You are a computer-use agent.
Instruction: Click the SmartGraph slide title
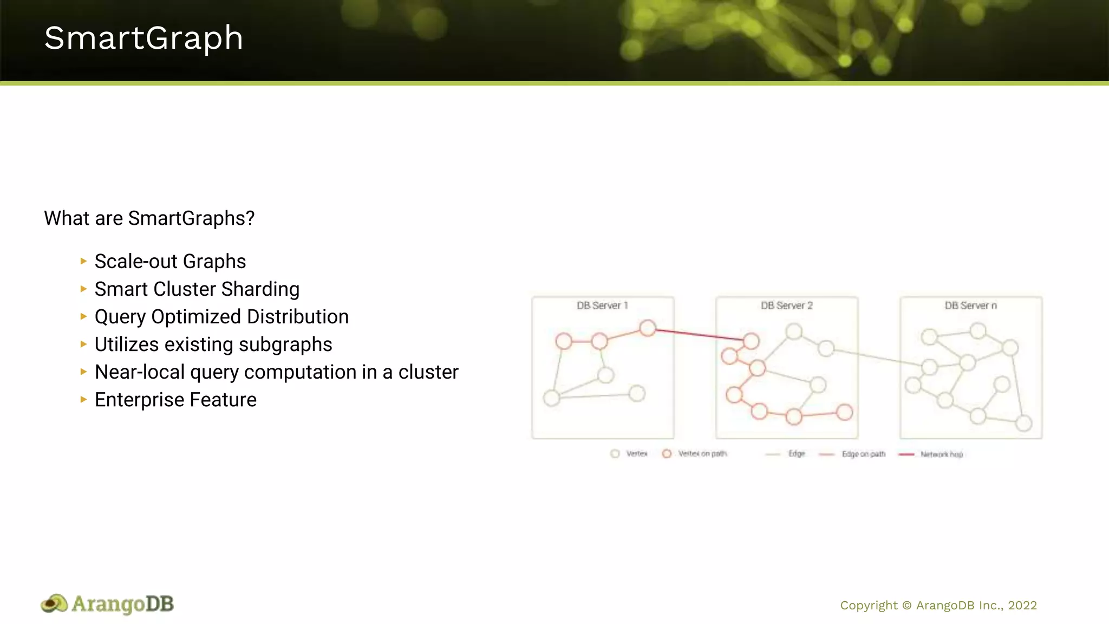point(143,38)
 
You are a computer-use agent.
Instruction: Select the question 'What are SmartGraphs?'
point(149,218)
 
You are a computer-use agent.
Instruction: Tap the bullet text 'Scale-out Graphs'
point(170,262)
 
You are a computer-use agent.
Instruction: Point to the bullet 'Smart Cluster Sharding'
point(197,289)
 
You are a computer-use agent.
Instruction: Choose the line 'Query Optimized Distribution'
point(221,317)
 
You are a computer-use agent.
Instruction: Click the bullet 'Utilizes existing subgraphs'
point(213,344)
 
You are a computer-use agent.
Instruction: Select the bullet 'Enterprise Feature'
point(175,400)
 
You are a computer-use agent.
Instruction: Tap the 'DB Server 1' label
point(602,305)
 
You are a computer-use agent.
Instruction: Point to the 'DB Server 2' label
point(786,305)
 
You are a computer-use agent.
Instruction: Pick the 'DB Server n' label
point(970,305)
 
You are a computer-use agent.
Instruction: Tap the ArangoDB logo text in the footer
point(122,604)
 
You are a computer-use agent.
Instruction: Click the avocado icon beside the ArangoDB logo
point(54,604)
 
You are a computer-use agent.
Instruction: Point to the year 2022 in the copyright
point(1022,606)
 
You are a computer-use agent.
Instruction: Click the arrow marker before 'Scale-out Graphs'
point(83,261)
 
